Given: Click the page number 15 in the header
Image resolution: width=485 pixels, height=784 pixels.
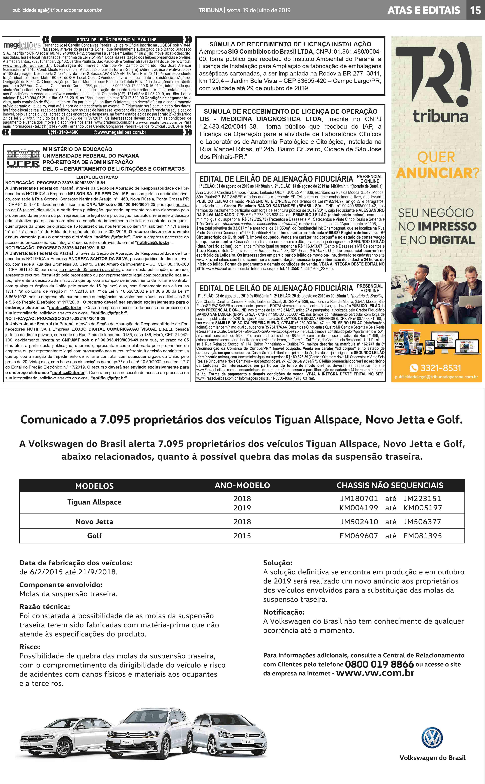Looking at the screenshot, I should pos(475,10).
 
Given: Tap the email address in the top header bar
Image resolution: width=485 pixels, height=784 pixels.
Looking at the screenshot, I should pos(57,10).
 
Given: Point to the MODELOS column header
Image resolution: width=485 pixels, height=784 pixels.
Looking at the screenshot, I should pos(94,486).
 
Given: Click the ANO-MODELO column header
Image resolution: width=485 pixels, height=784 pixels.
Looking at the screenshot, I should pos(242,485).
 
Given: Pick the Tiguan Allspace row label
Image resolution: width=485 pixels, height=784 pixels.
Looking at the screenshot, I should pos(94,502).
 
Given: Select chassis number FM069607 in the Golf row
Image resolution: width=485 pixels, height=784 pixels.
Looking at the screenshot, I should pos(359,536).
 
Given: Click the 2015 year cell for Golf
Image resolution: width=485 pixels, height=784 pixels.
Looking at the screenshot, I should pos(242,536).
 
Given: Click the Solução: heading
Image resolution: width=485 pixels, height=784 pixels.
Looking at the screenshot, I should pos(278,563).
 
